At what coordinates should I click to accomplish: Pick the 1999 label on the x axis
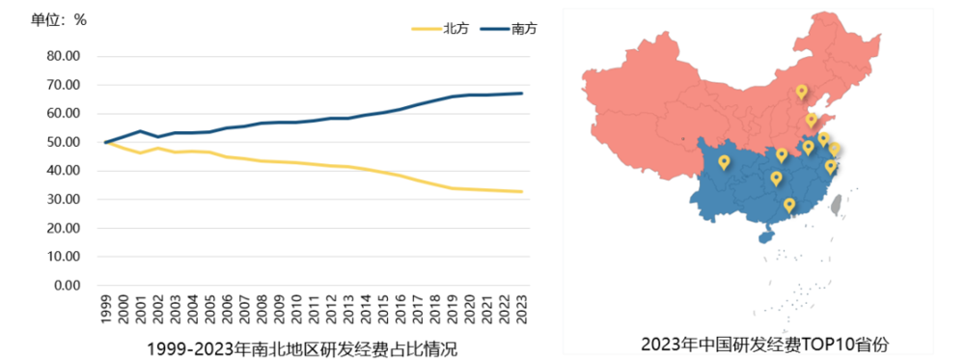(105, 310)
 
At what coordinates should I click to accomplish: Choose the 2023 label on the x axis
(521, 310)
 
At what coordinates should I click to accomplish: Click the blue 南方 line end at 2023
(521, 94)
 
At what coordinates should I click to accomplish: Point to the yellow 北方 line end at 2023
(521, 192)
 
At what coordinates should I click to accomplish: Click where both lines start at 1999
(105, 143)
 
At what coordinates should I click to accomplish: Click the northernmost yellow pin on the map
(801, 92)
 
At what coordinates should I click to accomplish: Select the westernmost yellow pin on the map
(725, 162)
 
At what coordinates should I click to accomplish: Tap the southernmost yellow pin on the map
(789, 205)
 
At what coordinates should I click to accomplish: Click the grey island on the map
(837, 203)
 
